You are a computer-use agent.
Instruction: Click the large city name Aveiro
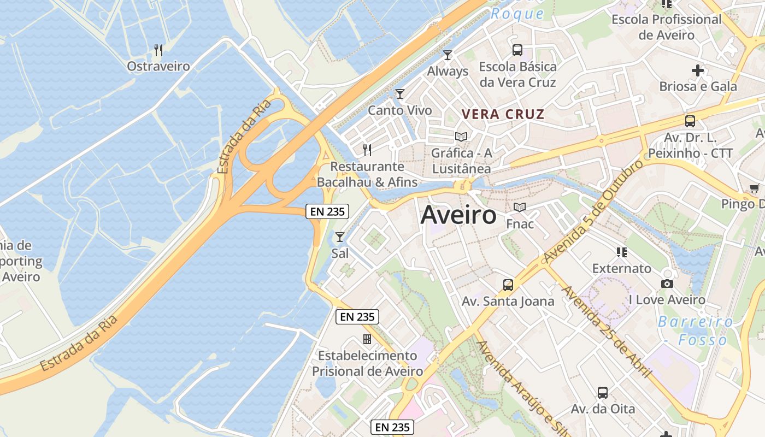[458, 216]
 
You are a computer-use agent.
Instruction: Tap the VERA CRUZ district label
[503, 114]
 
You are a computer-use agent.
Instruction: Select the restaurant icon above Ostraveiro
[158, 50]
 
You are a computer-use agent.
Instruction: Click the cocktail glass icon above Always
[448, 55]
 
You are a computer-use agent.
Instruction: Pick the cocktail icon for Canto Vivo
[400, 94]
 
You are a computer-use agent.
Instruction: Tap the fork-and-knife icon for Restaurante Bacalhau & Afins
[367, 150]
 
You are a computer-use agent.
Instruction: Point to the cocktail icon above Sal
[340, 237]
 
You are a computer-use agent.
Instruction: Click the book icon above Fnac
[520, 208]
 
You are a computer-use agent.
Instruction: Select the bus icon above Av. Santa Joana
[508, 285]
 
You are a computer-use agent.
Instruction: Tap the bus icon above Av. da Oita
[603, 392]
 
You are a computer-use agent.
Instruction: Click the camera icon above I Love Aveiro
[667, 284]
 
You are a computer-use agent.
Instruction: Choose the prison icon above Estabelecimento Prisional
[367, 339]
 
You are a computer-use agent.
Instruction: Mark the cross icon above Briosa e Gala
[698, 70]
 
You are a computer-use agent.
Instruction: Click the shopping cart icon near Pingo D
[754, 188]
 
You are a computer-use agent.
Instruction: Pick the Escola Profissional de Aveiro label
[666, 27]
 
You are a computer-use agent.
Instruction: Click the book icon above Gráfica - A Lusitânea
[462, 137]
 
